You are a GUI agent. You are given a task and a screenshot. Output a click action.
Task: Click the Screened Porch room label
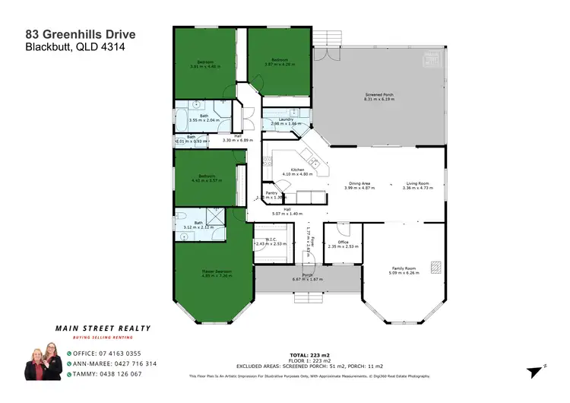pyautogui.click(x=378, y=95)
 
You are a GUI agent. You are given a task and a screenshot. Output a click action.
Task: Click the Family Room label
pyautogui.click(x=403, y=268)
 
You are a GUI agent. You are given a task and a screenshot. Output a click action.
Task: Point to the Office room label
pyautogui.click(x=343, y=243)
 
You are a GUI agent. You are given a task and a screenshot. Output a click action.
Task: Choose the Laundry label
pyautogui.click(x=286, y=119)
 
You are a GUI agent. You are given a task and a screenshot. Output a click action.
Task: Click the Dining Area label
pyautogui.click(x=359, y=183)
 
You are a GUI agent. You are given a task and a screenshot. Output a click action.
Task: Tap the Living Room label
pyautogui.click(x=417, y=183)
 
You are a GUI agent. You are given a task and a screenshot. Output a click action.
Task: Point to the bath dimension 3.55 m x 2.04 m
pyautogui.click(x=204, y=120)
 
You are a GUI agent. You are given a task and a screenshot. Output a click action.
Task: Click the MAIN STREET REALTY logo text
pyautogui.click(x=103, y=328)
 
